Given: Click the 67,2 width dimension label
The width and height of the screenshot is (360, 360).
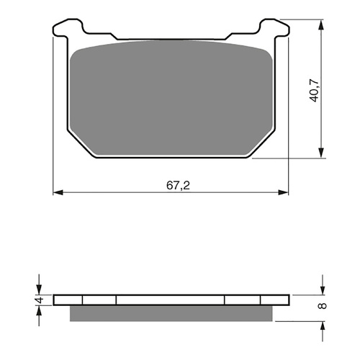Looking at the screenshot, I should pos(173,184).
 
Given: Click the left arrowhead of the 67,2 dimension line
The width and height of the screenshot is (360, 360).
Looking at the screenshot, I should pos(60,192).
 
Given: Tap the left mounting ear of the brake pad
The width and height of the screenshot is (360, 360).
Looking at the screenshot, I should pos(71,30).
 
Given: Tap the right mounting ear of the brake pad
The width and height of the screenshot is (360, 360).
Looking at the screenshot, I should pos(273,30).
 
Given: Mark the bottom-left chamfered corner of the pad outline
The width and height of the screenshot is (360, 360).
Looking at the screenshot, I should pos(81,143).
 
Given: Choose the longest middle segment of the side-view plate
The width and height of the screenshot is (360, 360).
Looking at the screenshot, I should pos(171,300).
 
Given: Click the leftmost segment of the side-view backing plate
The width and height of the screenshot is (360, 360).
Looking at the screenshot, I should pos(70,300).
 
